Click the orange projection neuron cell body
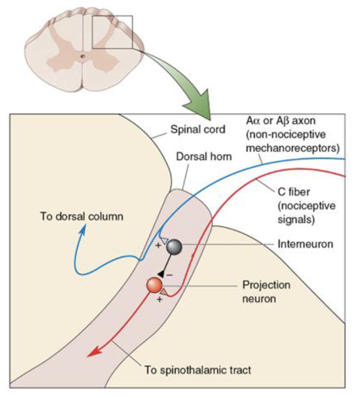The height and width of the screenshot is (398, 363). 154,285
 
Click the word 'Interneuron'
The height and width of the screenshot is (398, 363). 306,244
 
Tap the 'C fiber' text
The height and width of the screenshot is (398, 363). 289,190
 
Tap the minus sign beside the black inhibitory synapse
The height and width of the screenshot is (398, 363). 169,273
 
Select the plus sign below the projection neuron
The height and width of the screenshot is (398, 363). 159,301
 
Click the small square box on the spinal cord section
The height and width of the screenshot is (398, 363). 112,32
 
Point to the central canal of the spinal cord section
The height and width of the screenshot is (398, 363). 84,56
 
